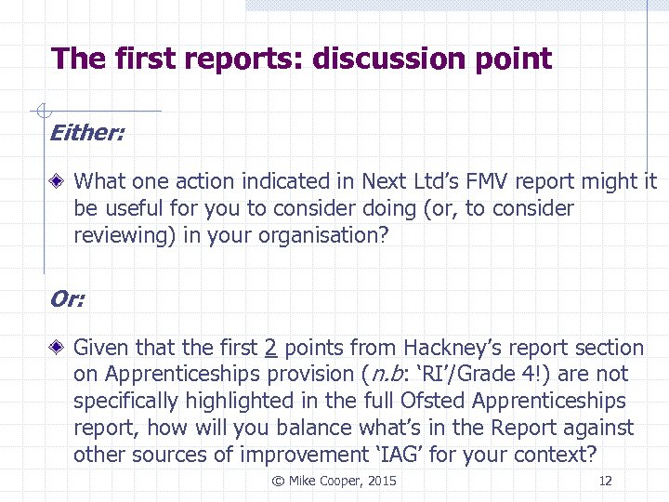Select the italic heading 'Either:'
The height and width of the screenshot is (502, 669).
[x=86, y=133]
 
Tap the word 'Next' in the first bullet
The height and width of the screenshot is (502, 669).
[x=384, y=182]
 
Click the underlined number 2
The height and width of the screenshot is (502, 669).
[x=270, y=349]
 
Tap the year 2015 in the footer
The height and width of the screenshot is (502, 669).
[x=381, y=481]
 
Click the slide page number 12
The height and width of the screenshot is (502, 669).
[x=606, y=481]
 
